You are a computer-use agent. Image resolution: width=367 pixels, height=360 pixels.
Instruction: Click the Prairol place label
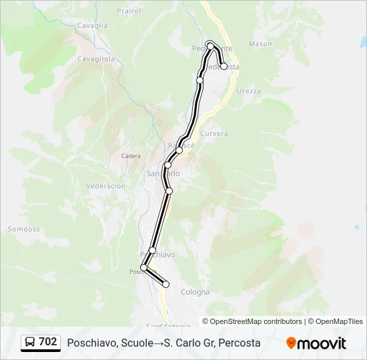[128, 11]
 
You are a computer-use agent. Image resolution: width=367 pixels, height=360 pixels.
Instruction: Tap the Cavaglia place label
[93, 25]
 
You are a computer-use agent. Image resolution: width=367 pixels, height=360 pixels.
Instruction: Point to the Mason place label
[260, 44]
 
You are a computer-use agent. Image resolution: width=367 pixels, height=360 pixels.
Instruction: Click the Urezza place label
[248, 91]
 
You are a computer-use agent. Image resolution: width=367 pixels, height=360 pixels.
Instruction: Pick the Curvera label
[214, 133]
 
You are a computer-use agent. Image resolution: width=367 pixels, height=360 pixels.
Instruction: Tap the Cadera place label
[131, 156]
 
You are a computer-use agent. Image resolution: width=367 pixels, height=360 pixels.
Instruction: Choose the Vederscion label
[107, 186]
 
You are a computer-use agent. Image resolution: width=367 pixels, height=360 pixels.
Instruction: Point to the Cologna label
[195, 292]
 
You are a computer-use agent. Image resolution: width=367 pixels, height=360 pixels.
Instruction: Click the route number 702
[48, 342]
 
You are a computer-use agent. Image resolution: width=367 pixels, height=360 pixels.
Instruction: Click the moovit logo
[316, 343]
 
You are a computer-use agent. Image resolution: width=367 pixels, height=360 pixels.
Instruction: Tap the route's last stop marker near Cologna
[166, 285]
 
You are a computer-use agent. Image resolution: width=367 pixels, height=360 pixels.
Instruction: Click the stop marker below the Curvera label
[179, 150]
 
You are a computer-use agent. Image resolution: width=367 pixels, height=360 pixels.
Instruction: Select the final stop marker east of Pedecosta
[224, 66]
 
